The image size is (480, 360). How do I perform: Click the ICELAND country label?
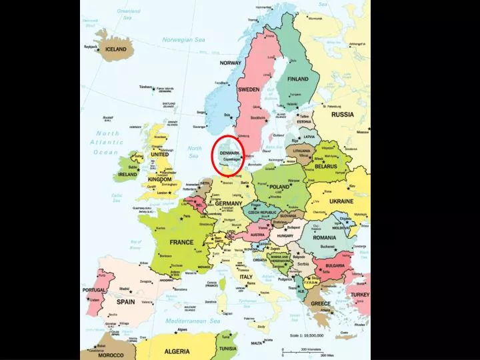(x=115, y=49)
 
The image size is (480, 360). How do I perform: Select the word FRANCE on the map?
(x=181, y=243)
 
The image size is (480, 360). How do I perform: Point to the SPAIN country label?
(x=125, y=301)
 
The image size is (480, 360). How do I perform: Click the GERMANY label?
(x=229, y=203)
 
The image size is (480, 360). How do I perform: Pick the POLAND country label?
(x=279, y=187)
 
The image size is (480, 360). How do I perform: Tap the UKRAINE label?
(x=341, y=201)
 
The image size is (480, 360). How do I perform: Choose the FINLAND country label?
(x=298, y=79)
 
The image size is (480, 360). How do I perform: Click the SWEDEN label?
(x=249, y=89)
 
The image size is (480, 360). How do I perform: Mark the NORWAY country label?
(x=231, y=63)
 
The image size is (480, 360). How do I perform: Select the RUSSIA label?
(x=343, y=114)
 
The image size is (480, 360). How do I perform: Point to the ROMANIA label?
(x=325, y=238)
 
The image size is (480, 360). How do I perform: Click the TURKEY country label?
(x=360, y=294)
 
